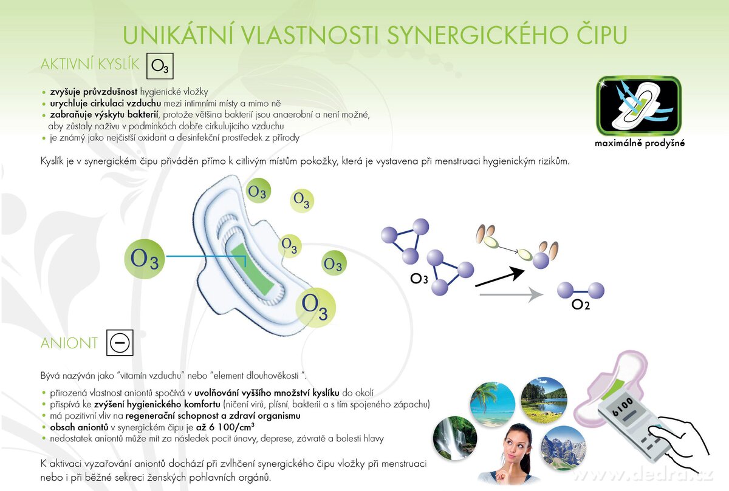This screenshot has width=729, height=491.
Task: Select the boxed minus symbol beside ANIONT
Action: [x=120, y=343]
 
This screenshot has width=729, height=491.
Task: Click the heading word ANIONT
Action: [x=69, y=344]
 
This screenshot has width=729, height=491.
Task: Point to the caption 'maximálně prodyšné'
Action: [x=640, y=144]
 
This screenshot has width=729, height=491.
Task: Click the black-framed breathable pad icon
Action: [x=639, y=105]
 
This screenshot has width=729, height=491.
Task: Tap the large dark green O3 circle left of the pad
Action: [x=145, y=260]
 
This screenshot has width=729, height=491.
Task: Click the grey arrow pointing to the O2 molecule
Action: [x=510, y=296]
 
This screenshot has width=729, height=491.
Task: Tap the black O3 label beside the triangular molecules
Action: [x=419, y=279]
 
